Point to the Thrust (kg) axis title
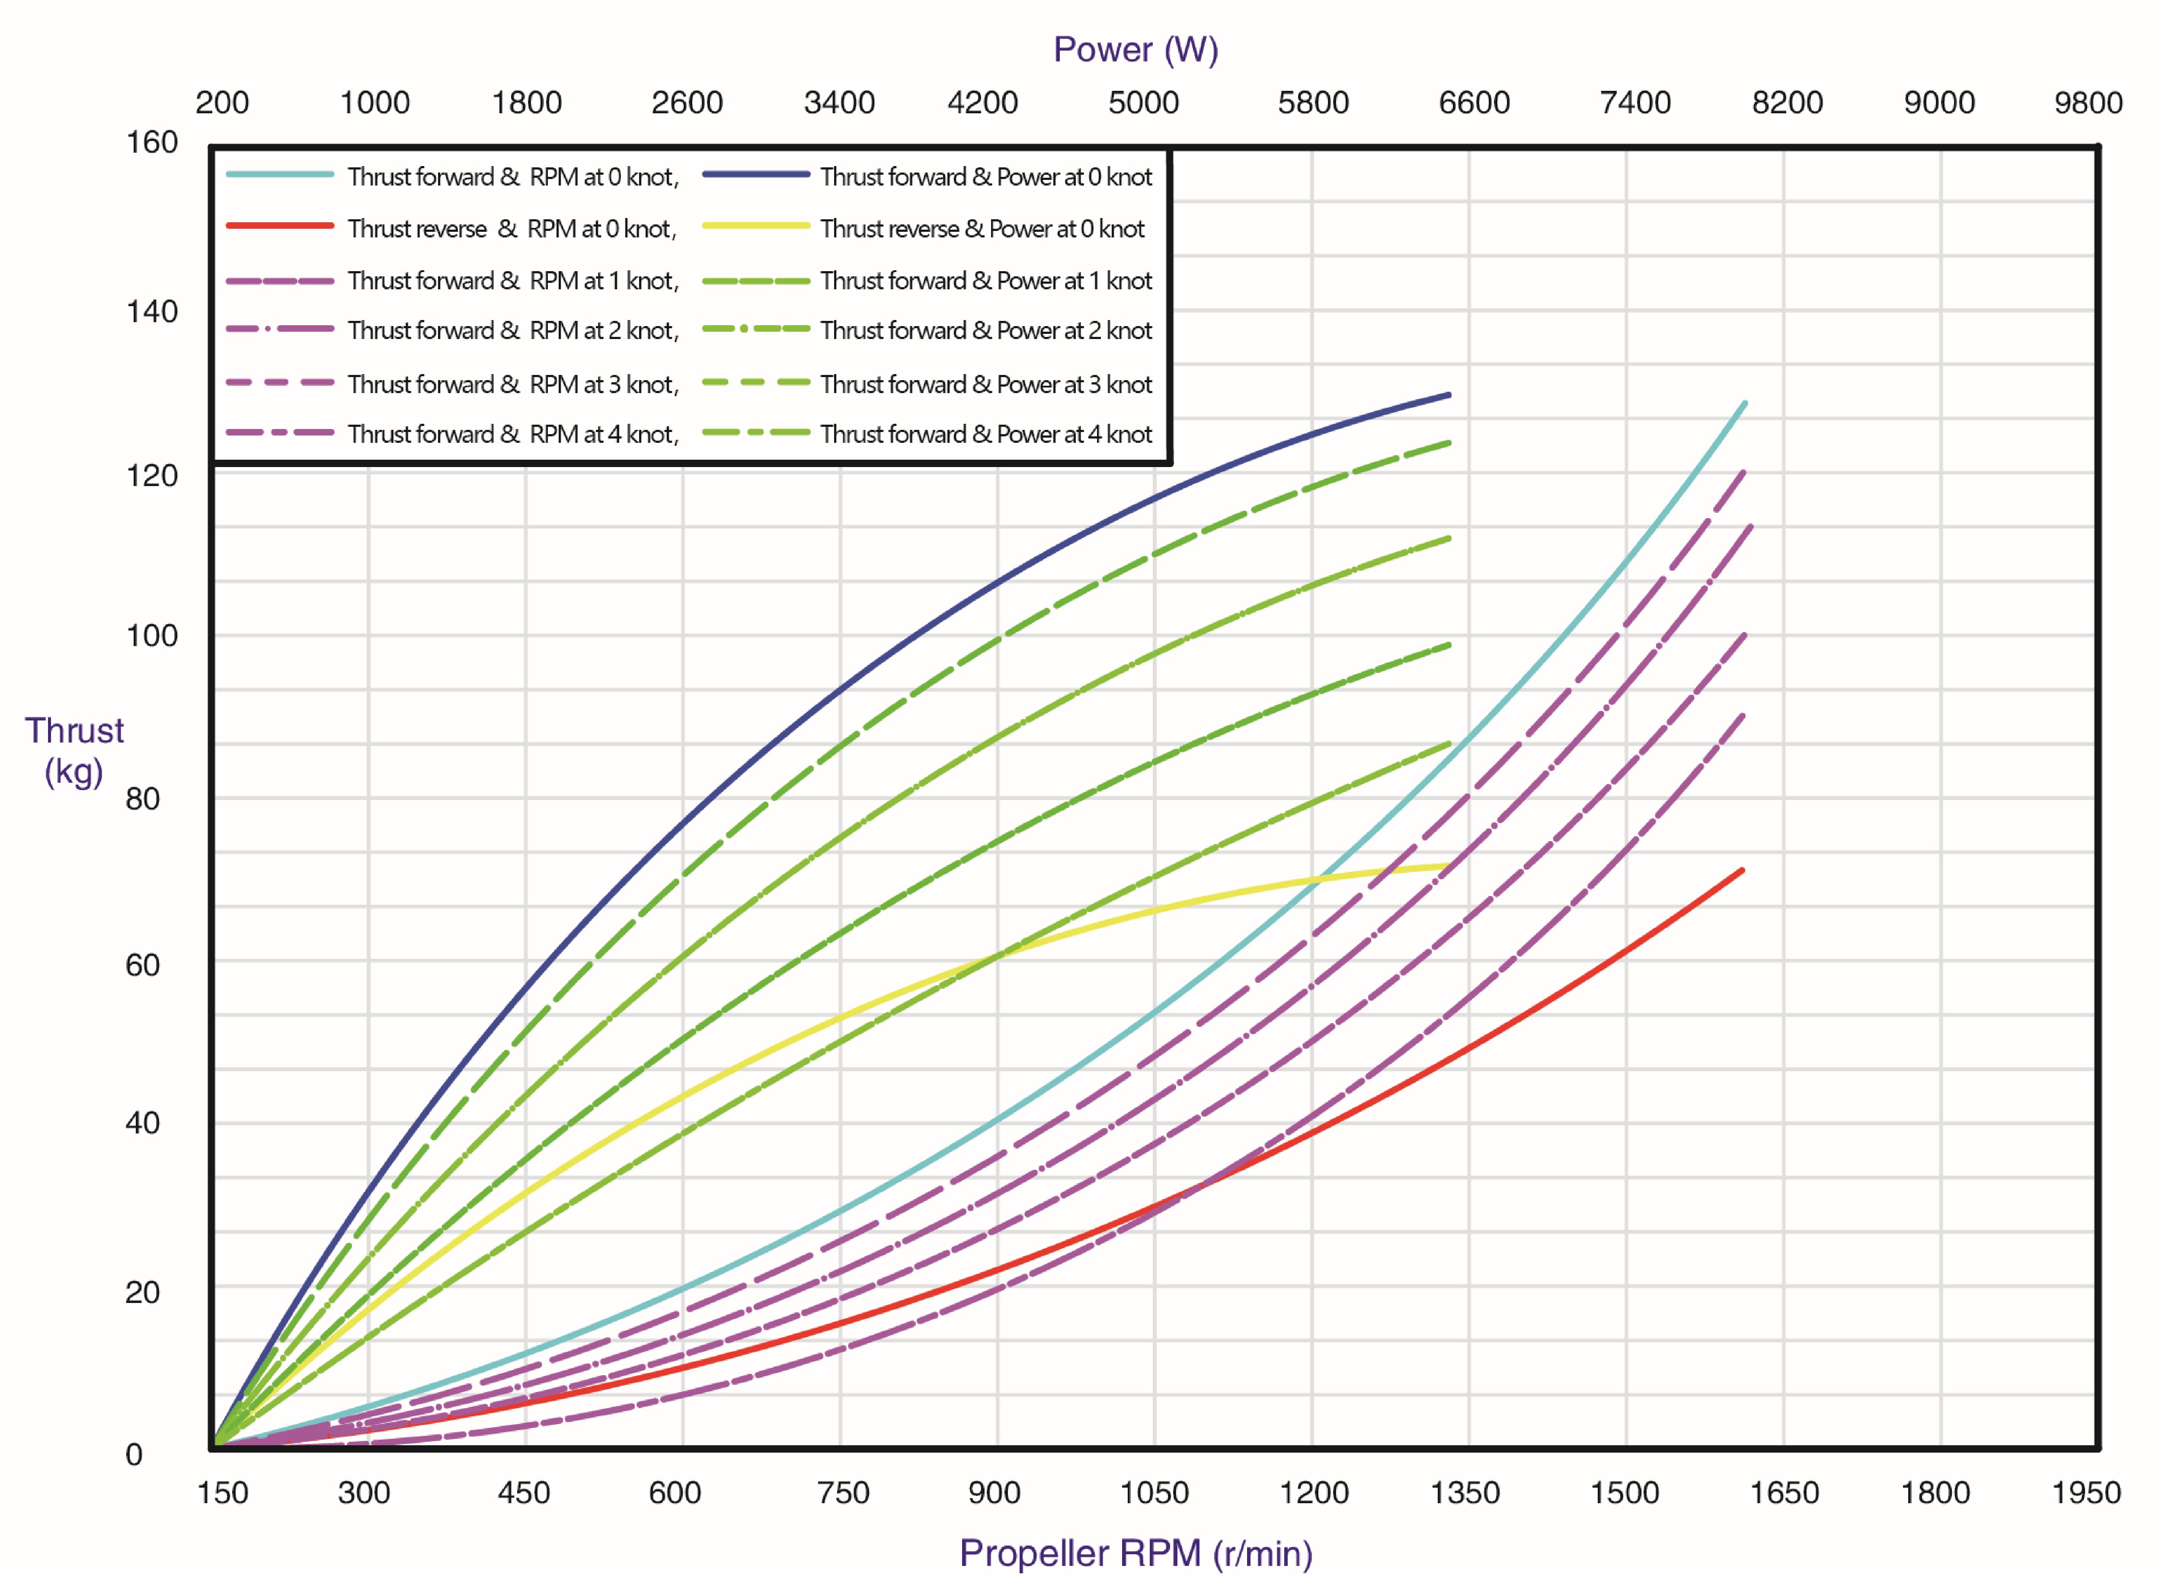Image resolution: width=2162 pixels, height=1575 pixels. click(x=74, y=750)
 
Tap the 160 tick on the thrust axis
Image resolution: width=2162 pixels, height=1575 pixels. click(x=153, y=143)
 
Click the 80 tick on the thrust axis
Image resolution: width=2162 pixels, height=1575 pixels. click(x=143, y=799)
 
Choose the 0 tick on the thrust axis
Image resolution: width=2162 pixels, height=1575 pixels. click(x=134, y=1455)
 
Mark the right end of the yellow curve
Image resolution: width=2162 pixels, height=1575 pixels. click(x=1448, y=866)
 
